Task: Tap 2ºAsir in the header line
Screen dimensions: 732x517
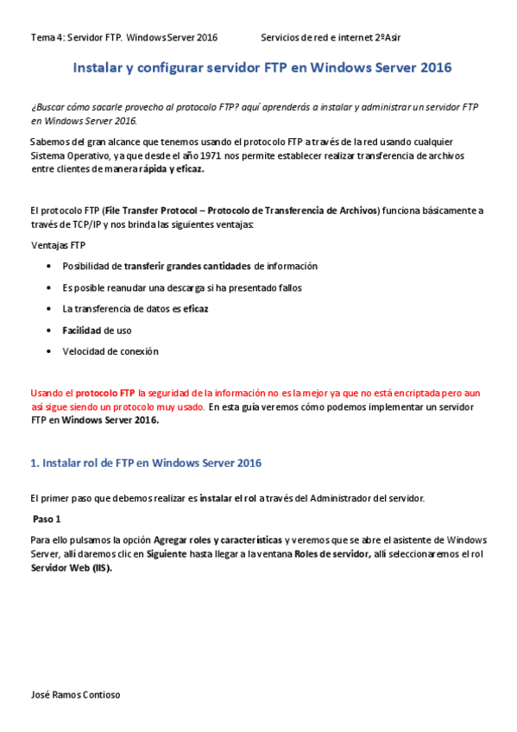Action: [387, 38]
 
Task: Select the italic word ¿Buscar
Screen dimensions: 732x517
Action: [51, 106]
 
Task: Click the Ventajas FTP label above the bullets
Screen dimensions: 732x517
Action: [58, 245]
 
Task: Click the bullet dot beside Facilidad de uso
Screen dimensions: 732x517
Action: [48, 331]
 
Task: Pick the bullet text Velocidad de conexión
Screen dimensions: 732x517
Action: [110, 351]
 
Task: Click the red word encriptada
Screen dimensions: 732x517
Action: [413, 392]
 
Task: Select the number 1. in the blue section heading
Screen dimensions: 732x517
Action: [35, 464]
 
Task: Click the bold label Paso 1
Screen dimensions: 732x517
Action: [47, 520]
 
